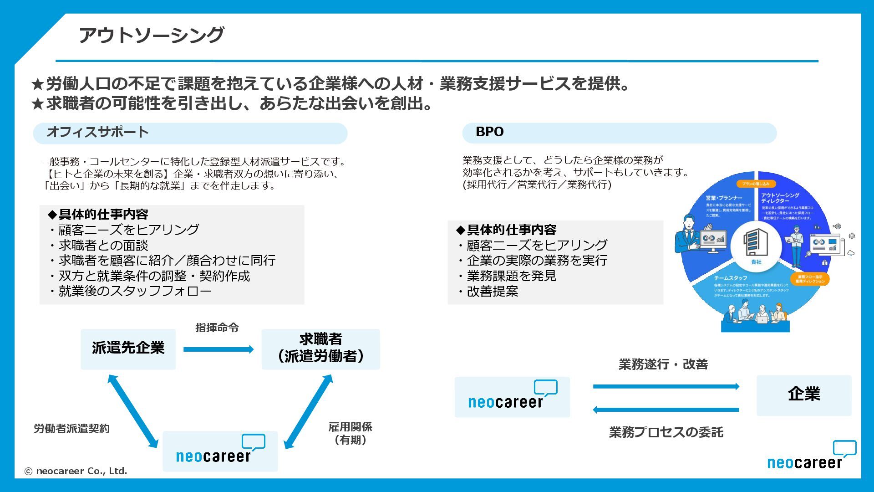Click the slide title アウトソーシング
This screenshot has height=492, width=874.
point(151,35)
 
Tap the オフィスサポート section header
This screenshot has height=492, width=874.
point(97,132)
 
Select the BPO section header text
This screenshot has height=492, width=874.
point(489,132)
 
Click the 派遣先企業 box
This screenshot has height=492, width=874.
point(128,348)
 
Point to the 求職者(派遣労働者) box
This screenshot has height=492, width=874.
point(320,348)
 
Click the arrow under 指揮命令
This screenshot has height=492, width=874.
point(218,349)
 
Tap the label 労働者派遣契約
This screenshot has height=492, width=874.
point(71,429)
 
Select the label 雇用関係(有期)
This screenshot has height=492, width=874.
point(350,433)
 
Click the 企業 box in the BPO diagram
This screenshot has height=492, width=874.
point(803,395)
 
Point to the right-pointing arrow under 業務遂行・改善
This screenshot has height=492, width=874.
point(666,387)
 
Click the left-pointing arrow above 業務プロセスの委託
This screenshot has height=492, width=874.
point(666,410)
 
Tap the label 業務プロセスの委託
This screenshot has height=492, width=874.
point(666,432)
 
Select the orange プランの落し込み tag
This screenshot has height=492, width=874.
point(755,184)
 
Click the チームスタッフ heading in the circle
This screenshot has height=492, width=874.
point(730,278)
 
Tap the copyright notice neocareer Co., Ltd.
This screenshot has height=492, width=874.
point(76,471)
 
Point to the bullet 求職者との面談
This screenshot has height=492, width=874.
point(103,246)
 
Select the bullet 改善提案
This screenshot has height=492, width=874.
point(492,292)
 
